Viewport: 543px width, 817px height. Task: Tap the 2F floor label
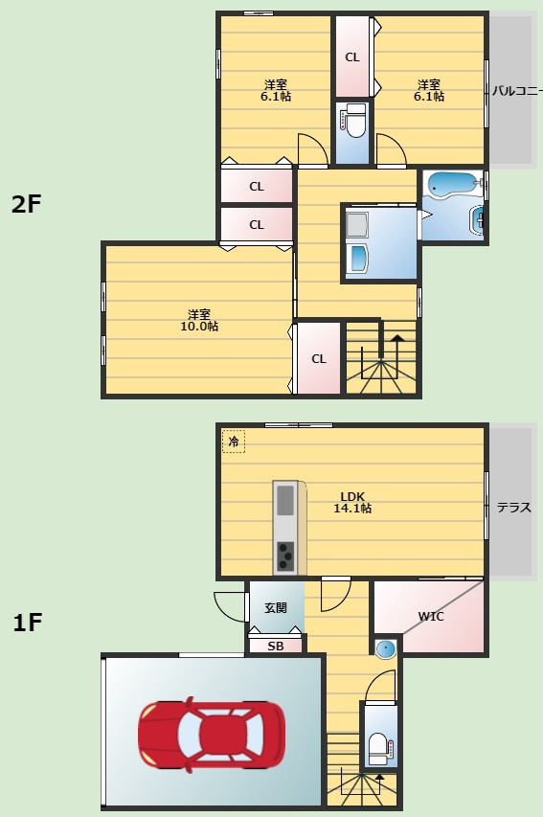tap(26, 204)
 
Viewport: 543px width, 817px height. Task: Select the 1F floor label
tap(27, 623)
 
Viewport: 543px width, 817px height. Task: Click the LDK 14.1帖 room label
tap(352, 502)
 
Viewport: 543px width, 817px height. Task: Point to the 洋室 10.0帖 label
tap(199, 321)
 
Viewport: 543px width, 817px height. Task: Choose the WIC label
tap(431, 617)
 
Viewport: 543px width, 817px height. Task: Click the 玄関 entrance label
tap(275, 607)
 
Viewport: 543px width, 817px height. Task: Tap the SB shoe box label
tap(275, 647)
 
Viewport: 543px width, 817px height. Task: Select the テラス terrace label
tap(514, 507)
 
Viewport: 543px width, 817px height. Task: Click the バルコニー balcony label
tap(517, 91)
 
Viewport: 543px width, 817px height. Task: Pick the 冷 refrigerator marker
tap(234, 442)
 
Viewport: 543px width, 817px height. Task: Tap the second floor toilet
tap(355, 120)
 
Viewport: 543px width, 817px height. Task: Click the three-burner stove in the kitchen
tap(285, 557)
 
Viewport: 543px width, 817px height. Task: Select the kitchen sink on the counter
tap(285, 500)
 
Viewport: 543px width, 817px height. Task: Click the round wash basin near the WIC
tap(386, 649)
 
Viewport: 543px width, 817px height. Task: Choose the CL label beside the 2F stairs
tap(318, 359)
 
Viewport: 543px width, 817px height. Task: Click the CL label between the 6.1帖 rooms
tap(352, 57)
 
